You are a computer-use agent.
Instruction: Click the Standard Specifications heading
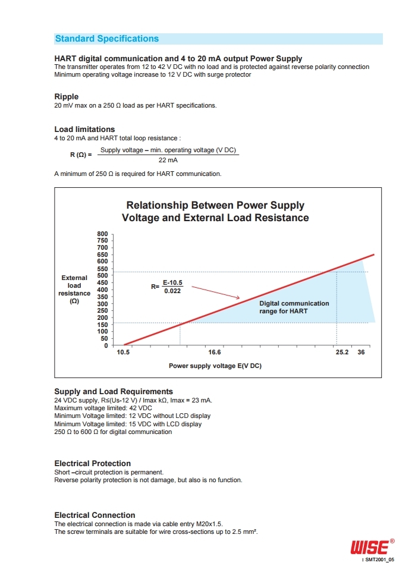pos(107,39)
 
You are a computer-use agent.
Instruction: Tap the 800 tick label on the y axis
pos(102,234)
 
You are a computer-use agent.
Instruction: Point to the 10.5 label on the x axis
pos(123,352)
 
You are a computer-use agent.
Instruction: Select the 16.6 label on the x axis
pos(215,352)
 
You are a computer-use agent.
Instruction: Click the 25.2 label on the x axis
pos(342,352)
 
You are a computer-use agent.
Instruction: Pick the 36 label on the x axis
pos(361,352)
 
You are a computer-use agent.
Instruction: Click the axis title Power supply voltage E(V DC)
pos(215,366)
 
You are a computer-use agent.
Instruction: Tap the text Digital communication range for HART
pos(294,307)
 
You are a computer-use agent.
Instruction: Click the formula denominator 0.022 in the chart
pos(172,291)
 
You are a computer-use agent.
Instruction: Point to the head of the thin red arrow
pos(239,298)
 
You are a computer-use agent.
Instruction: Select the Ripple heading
pos(67,97)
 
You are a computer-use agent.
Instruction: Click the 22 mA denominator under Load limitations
pos(168,160)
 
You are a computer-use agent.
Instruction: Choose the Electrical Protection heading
pos(93,463)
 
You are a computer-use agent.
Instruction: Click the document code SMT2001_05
pos(379,559)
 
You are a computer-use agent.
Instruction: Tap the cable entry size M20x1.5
pos(209,524)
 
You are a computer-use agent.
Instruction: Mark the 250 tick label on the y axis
pos(102,310)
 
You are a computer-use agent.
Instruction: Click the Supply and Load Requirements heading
pos(114,391)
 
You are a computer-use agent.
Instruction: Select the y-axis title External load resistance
pos(74,289)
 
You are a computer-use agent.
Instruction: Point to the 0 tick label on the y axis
pos(106,345)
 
